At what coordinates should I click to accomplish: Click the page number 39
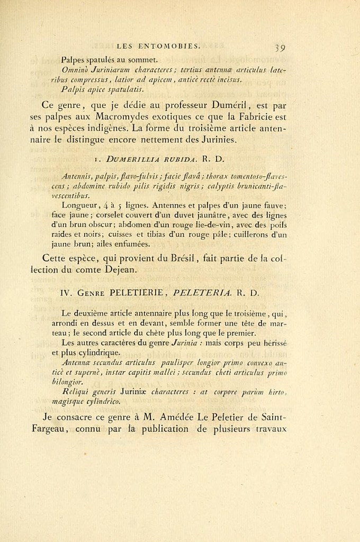point(280,48)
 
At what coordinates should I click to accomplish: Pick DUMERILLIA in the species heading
point(134,158)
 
